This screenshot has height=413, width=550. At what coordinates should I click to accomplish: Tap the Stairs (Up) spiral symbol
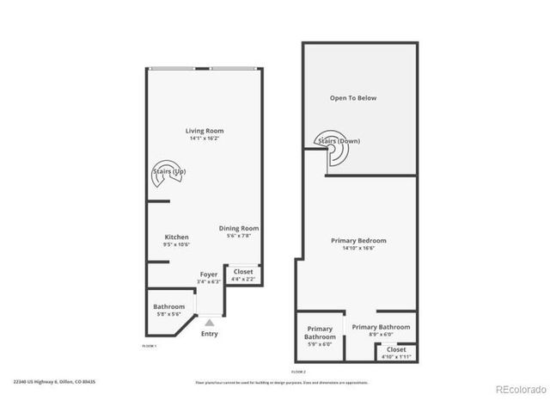(x=167, y=171)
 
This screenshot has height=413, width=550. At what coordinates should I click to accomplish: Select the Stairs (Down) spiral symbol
(x=333, y=152)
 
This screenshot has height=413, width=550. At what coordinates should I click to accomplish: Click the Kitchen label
(x=176, y=237)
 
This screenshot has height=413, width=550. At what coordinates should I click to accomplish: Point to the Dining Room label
(x=234, y=228)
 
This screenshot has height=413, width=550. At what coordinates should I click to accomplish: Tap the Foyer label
(x=209, y=274)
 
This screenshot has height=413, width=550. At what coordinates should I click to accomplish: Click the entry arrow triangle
(x=209, y=321)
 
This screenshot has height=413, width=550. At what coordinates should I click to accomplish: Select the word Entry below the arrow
(x=209, y=334)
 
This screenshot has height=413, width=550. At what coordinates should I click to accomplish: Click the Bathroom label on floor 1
(x=169, y=306)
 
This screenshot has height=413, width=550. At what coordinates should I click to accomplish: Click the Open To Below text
(x=353, y=98)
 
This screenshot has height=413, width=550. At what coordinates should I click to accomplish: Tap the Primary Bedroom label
(x=358, y=240)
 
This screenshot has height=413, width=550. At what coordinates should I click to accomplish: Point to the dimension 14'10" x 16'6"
(x=358, y=248)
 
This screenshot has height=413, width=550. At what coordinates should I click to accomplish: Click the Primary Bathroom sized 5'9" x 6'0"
(x=320, y=332)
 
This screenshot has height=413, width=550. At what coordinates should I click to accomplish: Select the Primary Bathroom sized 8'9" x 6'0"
(x=381, y=327)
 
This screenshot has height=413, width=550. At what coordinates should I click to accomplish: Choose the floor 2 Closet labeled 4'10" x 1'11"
(x=396, y=352)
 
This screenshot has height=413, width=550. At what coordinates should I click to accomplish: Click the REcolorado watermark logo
(x=520, y=388)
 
